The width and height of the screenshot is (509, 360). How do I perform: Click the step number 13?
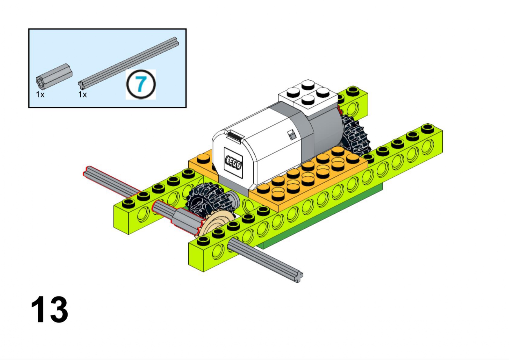[49, 309]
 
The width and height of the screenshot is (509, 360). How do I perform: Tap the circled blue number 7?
[141, 84]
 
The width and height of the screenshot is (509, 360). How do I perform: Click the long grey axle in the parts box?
[128, 63]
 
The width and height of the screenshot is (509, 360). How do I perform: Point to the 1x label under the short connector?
[40, 94]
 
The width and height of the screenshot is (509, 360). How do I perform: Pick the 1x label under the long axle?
[83, 94]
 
